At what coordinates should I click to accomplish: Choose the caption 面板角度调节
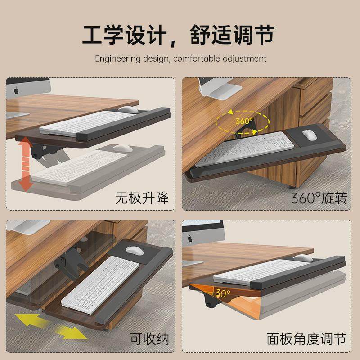306,338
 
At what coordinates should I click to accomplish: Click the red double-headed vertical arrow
27,164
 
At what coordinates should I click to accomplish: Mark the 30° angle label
222,293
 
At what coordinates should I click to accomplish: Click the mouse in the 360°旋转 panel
309,135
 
